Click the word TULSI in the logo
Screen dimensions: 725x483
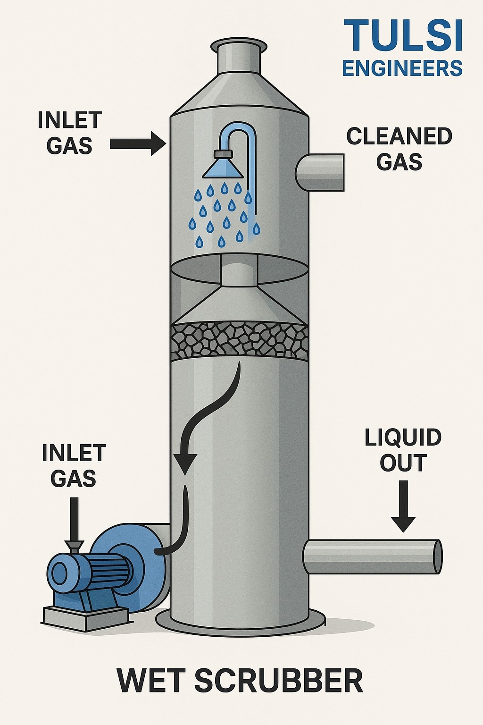pyautogui.click(x=403, y=36)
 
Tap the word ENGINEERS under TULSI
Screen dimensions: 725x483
pyautogui.click(x=402, y=69)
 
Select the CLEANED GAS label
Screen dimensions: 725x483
pyautogui.click(x=399, y=149)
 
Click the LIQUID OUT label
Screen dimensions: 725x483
pyautogui.click(x=403, y=450)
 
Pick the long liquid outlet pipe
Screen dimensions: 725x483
pyautogui.click(x=373, y=557)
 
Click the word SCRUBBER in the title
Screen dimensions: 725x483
pyautogui.click(x=278, y=680)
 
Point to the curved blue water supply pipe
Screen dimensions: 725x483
pyautogui.click(x=245, y=142)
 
